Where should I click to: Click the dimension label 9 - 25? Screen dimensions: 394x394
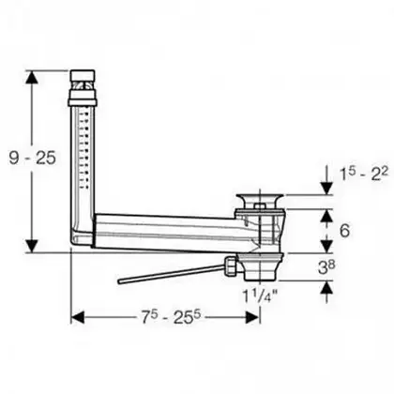coord(32,158)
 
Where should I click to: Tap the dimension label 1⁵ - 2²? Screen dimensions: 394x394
coord(364,174)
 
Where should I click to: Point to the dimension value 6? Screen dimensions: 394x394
coord(344,231)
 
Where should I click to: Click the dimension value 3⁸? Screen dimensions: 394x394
coord(326,267)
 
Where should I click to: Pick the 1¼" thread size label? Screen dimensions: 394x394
coord(261,295)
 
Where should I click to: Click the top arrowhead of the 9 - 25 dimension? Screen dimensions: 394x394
coord(32,77)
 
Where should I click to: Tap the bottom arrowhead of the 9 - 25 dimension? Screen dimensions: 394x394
coord(32,246)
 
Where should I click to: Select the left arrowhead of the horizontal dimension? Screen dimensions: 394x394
coord(78,318)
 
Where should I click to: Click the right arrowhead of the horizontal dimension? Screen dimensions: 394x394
coord(252,318)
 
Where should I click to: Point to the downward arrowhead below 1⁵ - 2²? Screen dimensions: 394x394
coord(326,189)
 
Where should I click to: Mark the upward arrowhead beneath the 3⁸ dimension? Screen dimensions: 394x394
coord(326,287)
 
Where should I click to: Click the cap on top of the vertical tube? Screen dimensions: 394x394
coord(83,75)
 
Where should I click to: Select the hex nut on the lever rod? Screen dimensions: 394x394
coord(230,265)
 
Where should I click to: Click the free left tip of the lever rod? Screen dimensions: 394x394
coord(120,281)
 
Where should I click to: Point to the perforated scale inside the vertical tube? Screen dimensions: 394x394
coord(83,148)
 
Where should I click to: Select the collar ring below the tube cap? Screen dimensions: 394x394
coord(83,98)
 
